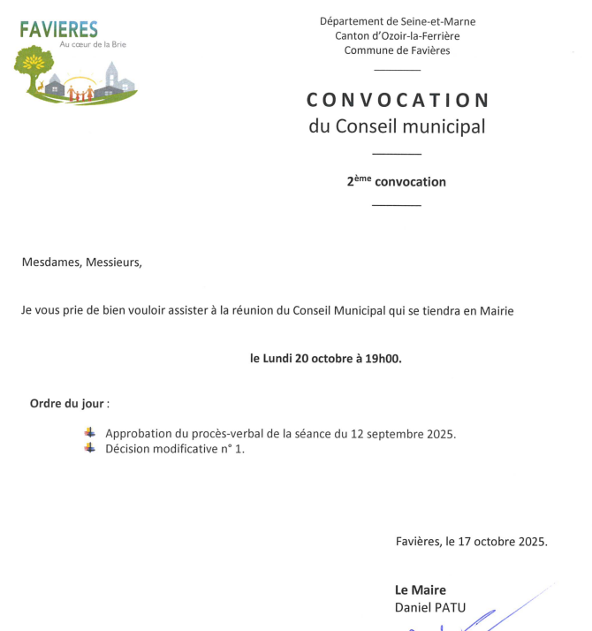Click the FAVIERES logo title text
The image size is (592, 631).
click(59, 29)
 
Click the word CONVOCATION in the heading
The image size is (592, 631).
click(398, 99)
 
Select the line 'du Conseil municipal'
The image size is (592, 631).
click(397, 126)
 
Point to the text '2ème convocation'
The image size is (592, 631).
click(397, 182)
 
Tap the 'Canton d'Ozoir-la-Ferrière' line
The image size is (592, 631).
click(397, 36)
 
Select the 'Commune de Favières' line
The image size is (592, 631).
click(397, 50)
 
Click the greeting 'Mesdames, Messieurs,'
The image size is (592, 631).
click(81, 262)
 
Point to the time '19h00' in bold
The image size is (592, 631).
click(383, 359)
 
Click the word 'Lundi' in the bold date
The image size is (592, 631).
click(280, 359)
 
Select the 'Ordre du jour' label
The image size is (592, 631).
click(69, 404)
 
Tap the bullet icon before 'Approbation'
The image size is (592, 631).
click(88, 432)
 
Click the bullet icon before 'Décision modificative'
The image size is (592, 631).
click(88, 447)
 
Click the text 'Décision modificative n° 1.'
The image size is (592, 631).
click(175, 448)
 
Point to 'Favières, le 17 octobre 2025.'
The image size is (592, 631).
click(471, 542)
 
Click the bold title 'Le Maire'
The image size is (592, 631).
click(420, 590)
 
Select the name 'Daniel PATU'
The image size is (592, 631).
click(429, 607)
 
